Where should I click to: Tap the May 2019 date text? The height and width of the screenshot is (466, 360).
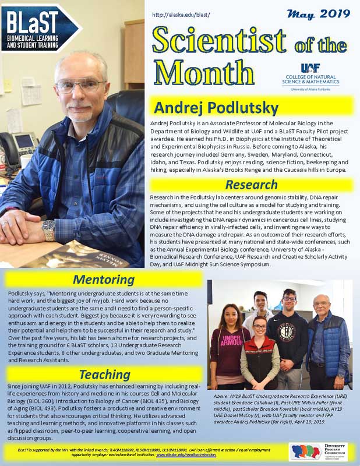[x=327, y=12]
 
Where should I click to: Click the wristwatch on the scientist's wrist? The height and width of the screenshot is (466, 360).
[x=48, y=230]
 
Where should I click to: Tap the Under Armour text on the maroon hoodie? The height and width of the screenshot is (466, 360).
[x=228, y=341]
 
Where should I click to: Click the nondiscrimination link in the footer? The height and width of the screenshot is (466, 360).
[x=186, y=457]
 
